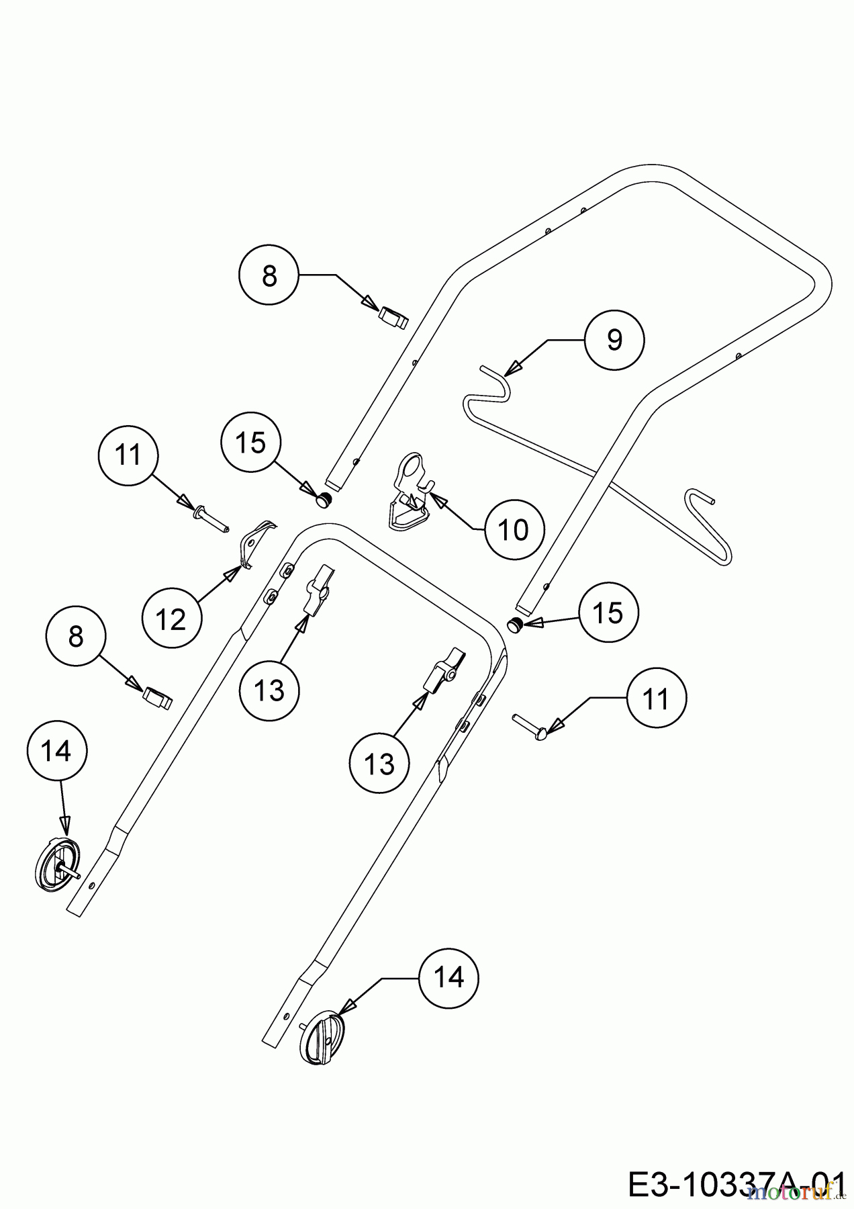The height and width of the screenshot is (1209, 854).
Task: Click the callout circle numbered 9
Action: click(614, 341)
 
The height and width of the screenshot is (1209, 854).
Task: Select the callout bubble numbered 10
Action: click(515, 530)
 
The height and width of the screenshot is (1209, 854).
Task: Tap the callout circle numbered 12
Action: click(171, 619)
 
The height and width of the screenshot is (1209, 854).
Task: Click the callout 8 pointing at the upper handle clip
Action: click(269, 275)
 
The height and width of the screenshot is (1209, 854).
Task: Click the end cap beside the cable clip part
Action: click(326, 500)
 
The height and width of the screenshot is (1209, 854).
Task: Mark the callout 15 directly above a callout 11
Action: click(609, 613)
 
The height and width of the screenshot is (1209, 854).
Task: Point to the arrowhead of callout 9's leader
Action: click(514, 368)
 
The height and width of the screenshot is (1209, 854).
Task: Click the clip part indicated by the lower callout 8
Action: click(158, 698)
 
